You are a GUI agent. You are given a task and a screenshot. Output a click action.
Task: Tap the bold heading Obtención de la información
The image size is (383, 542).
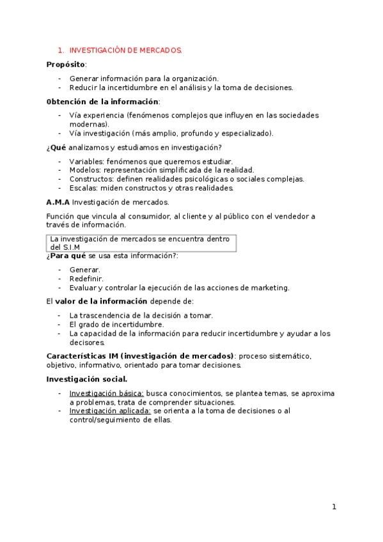point(102,102)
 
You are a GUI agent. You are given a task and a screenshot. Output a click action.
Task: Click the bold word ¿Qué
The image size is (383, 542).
point(56,147)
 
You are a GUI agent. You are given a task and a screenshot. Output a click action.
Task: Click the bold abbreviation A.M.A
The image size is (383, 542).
point(58,202)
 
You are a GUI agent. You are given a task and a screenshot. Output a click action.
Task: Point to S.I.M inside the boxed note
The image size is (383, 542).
point(72,247)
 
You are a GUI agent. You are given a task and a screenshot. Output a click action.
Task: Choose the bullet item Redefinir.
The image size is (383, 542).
point(86,279)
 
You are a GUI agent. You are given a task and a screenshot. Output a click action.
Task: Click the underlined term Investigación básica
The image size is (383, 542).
point(106,393)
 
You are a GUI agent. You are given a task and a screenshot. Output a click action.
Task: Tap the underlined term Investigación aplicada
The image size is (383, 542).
point(110,411)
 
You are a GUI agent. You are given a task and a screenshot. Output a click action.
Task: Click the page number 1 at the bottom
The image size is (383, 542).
point(334,507)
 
